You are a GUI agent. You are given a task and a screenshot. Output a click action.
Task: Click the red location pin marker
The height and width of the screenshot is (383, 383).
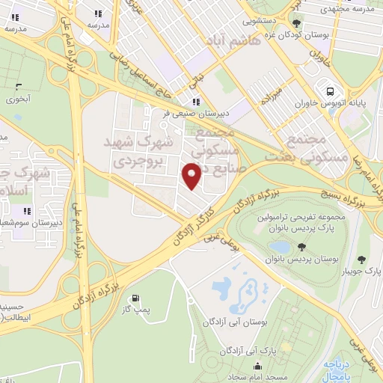point(192,176)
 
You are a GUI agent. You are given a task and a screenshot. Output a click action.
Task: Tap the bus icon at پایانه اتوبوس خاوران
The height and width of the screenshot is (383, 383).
point(328,91)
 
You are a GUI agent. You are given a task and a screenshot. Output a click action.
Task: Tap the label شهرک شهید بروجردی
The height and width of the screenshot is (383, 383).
point(142,150)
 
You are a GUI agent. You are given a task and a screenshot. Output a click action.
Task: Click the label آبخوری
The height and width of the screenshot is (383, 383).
point(19,98)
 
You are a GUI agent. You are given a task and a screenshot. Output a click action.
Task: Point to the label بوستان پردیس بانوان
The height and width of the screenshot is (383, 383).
point(299,259)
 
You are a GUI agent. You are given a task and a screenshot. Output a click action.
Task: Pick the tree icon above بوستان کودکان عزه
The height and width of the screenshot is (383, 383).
point(297,24)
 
